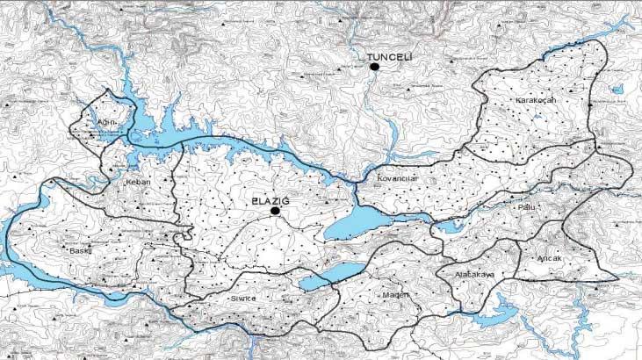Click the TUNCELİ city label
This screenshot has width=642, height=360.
click(390, 56)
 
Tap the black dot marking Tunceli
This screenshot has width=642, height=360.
click(374, 67)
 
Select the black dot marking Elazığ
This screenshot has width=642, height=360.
click(275, 212)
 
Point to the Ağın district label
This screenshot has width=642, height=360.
click(106, 122)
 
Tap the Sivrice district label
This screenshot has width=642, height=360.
click(242, 299)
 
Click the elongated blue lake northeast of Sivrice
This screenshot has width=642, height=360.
click(331, 275)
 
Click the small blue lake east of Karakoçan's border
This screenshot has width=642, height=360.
click(618, 90)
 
